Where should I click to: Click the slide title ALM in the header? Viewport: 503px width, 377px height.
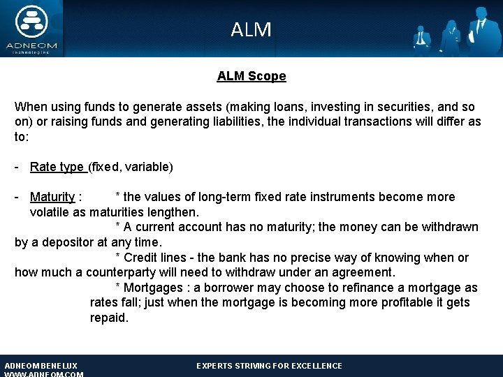[x=251, y=30]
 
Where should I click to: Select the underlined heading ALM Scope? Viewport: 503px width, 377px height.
[x=251, y=76]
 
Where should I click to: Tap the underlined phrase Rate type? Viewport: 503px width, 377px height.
[x=57, y=167]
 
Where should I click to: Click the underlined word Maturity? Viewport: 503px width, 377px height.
[x=52, y=197]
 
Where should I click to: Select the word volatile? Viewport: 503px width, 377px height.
[x=50, y=212]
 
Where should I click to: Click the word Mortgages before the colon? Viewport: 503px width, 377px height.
[x=152, y=288]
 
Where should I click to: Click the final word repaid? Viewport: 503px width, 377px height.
[x=109, y=318]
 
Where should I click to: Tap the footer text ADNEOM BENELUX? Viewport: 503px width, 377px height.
[x=41, y=366]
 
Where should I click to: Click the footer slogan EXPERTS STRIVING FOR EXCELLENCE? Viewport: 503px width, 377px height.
[x=269, y=366]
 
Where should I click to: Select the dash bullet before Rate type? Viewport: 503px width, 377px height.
[x=17, y=167]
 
